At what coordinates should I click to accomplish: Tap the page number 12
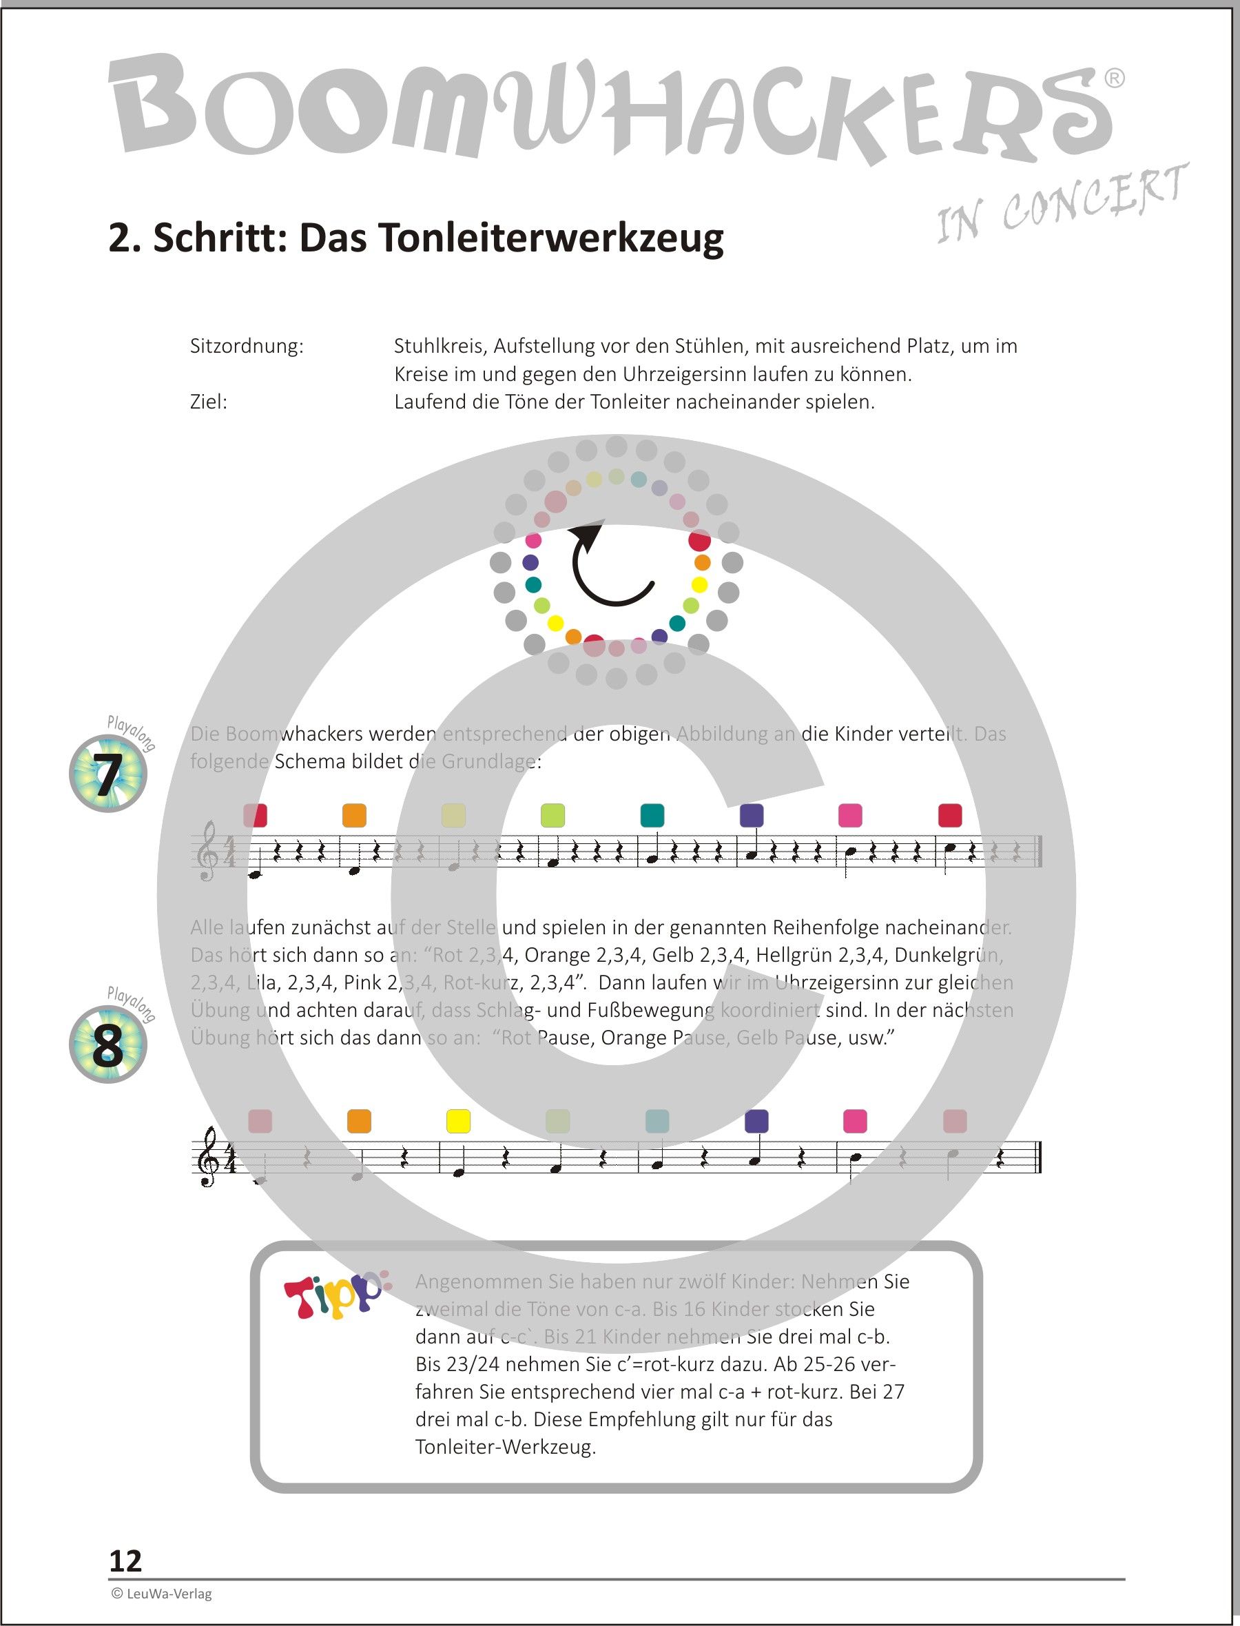point(125,1561)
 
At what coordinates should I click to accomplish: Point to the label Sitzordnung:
point(247,346)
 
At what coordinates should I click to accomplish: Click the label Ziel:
point(208,402)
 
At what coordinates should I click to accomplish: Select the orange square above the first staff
point(354,816)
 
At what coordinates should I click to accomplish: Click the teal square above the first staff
point(652,816)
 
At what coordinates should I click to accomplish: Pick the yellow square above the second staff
point(458,1121)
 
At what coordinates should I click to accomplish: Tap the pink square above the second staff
point(855,1121)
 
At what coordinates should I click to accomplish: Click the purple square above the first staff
point(752,816)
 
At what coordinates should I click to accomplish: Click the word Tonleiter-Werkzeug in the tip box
point(505,1447)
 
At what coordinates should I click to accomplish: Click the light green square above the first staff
point(552,816)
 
